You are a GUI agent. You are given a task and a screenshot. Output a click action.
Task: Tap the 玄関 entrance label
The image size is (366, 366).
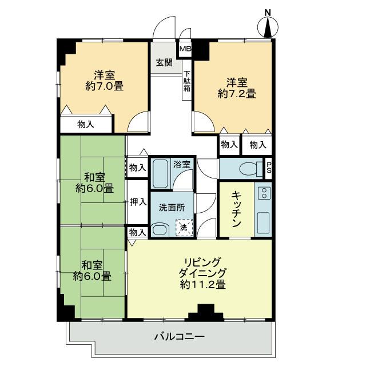coord(164,63)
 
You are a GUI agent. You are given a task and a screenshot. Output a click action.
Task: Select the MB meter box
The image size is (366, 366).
coord(185,50)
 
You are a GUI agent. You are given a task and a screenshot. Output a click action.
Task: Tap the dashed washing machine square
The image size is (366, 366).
coord(184,228)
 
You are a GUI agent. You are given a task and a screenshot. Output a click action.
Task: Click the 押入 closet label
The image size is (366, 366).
coord(138,201)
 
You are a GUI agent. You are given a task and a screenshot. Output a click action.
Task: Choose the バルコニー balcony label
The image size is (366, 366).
coord(179,337)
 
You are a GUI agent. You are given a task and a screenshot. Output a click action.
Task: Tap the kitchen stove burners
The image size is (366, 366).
coord(264,193)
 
